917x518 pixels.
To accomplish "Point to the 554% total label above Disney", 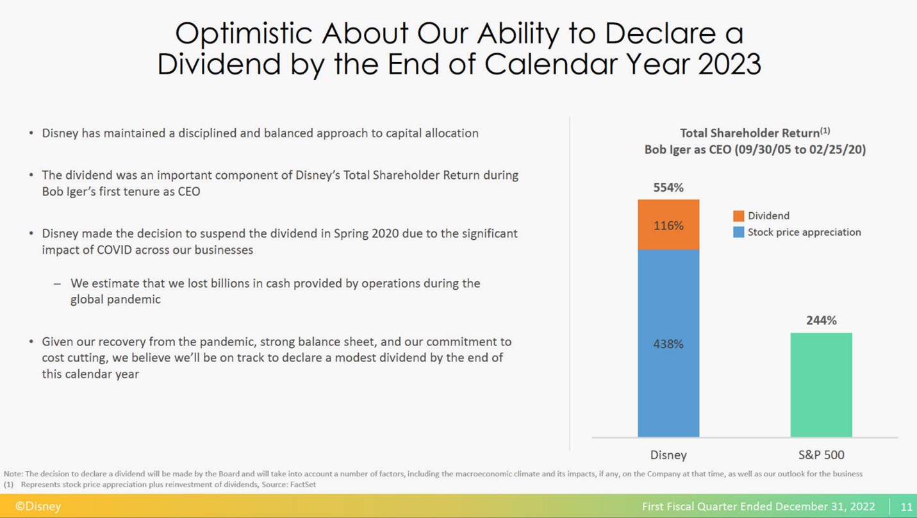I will coord(668,188).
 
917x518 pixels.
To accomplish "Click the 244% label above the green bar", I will coord(821,321).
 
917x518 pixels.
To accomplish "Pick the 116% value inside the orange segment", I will coord(668,226).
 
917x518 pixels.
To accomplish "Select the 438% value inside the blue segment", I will coord(668,344).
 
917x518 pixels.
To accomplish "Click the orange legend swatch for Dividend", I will coord(738,216).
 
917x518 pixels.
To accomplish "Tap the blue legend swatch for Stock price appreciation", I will coord(738,232).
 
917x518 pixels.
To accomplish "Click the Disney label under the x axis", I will coord(668,455).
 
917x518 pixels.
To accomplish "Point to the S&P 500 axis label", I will coord(821,455).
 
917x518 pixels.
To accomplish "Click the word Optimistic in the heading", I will coord(243,33).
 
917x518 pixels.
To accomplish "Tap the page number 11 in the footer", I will coord(906,506).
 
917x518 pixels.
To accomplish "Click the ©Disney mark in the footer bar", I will coord(38,506).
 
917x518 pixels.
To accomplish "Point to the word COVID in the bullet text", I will coord(114,250).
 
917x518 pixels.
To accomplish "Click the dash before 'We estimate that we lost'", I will coord(57,283).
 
